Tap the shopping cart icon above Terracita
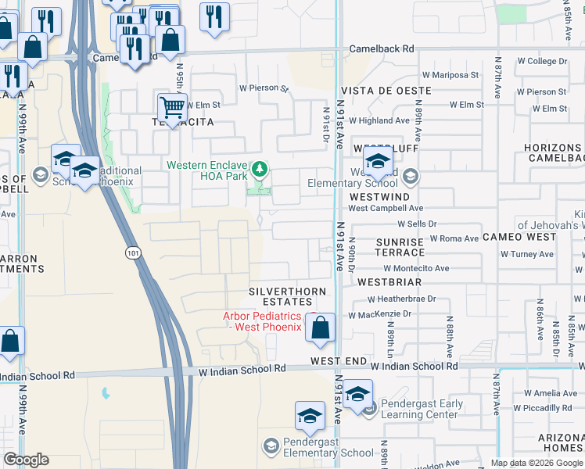[x=171, y=106]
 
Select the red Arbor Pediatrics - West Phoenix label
[x=262, y=321]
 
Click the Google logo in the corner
[x=26, y=460]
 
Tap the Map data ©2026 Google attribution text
[x=537, y=463]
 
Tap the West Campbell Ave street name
[x=386, y=209]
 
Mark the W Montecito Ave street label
[x=415, y=268]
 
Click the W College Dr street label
[x=536, y=61]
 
